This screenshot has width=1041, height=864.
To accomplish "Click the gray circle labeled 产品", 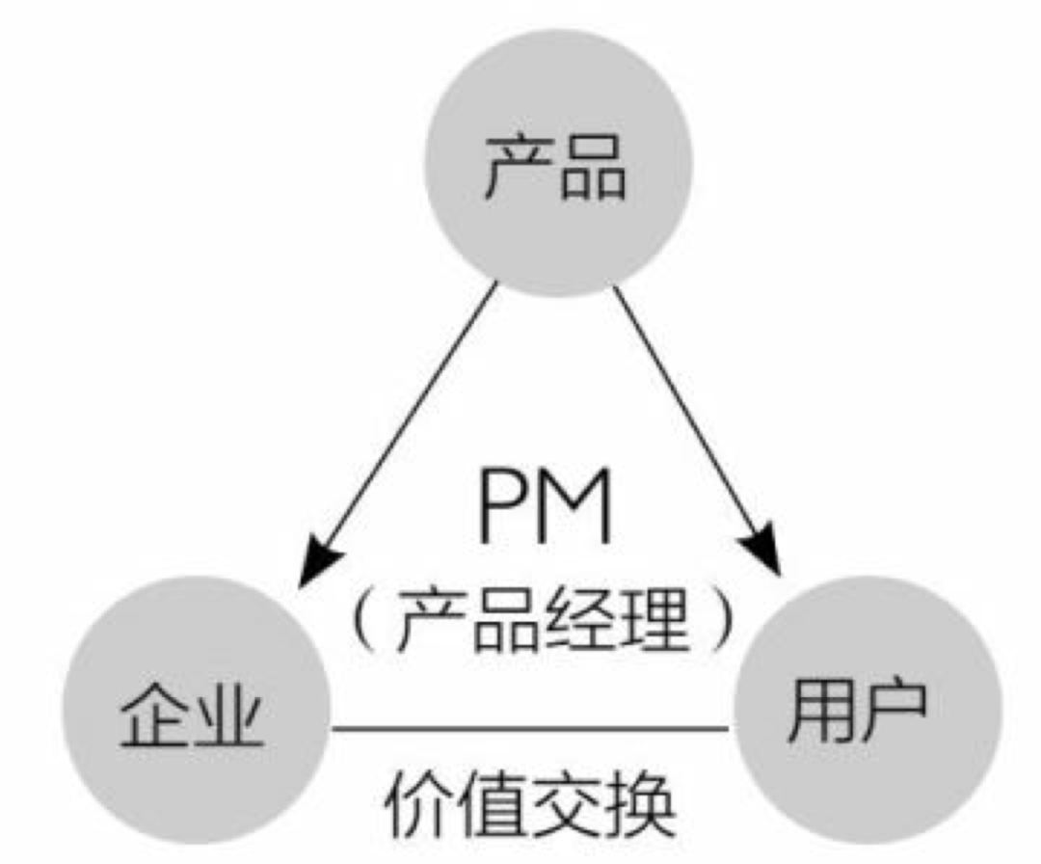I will pos(559,163).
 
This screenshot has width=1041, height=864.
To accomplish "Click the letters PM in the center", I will pos(545,507).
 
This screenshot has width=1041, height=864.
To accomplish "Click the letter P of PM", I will pos(501,507).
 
